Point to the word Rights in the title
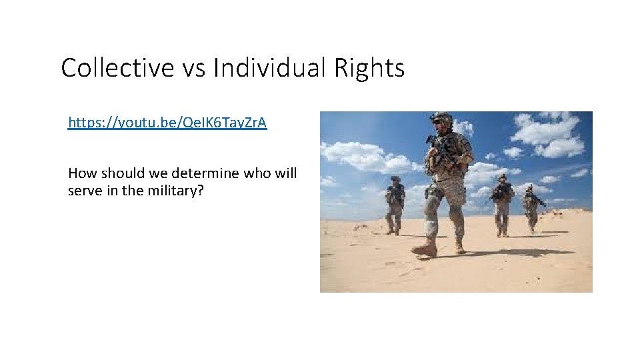[371, 68]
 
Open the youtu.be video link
[167, 123]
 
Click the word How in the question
[81, 174]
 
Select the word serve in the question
[83, 191]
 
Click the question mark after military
[201, 191]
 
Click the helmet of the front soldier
[441, 119]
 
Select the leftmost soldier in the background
[395, 205]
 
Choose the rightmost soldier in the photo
[531, 208]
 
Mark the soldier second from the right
[502, 205]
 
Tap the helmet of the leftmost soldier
[395, 180]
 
